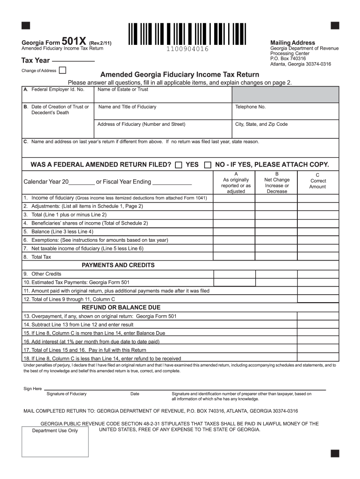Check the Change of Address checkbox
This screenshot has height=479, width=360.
tap(62, 71)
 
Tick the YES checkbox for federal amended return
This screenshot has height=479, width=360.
tap(179, 165)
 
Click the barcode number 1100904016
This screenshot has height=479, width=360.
tap(186, 50)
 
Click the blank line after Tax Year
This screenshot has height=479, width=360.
tap(73, 62)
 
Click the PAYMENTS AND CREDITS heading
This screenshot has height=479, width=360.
tap(118, 265)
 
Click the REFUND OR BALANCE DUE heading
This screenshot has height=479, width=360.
tap(121, 307)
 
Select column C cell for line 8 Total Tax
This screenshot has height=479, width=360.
tap(318, 257)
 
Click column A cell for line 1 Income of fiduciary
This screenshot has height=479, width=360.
tap(235, 198)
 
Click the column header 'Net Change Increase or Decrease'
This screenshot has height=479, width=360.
tap(277, 182)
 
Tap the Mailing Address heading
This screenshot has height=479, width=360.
tap(293, 43)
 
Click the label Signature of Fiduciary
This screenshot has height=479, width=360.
tap(66, 394)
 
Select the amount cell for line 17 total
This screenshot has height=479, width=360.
tap(318, 349)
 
